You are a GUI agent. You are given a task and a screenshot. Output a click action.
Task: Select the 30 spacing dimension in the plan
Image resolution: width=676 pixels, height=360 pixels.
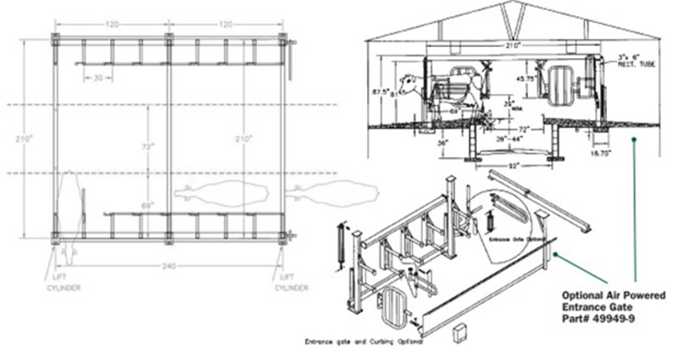(90, 78)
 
